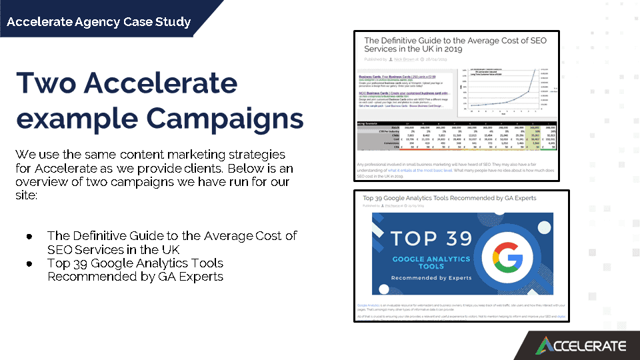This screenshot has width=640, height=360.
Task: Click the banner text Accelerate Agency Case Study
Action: point(99,22)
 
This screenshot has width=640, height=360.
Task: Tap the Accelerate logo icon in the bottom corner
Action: point(545,345)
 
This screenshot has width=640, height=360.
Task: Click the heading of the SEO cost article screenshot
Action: point(455,45)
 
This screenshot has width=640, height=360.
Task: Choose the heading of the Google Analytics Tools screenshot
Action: point(449,198)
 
